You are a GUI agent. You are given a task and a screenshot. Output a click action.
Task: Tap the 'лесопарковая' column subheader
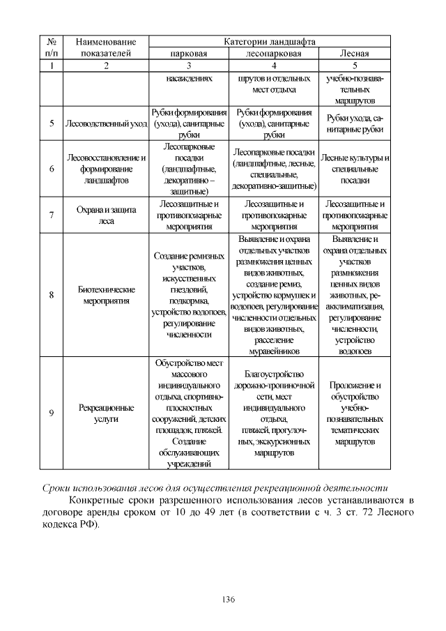(x=274, y=53)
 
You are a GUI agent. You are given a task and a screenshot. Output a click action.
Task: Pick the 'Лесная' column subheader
(x=354, y=53)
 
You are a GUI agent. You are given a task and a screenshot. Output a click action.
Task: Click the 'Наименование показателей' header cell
(x=106, y=47)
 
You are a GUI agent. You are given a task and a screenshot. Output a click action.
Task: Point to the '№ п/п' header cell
(x=52, y=47)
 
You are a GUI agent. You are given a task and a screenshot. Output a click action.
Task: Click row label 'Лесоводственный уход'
(x=106, y=124)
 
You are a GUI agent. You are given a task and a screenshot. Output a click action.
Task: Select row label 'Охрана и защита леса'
(x=106, y=215)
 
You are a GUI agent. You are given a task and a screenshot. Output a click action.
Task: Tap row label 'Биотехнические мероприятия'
(x=106, y=295)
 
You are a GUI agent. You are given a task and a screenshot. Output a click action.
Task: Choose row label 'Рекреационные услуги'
(x=106, y=413)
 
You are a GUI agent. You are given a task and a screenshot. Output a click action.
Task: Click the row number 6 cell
(x=52, y=169)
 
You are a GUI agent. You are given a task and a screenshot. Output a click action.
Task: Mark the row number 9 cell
(x=52, y=413)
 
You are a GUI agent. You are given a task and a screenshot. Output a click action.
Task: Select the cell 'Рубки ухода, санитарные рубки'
(x=354, y=124)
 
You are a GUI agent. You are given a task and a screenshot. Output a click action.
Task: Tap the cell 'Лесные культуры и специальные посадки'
(x=354, y=169)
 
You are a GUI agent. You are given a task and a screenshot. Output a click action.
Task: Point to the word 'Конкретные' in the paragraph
(x=98, y=500)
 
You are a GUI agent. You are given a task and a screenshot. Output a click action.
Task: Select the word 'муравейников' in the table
(x=274, y=351)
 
